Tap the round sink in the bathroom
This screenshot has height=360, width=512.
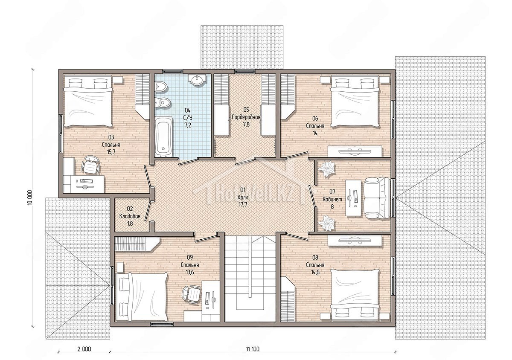pos(197,80)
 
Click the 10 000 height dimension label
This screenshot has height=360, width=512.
pos(30,198)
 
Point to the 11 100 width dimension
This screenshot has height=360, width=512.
pos(253,349)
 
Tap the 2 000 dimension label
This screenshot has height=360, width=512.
pos(84,349)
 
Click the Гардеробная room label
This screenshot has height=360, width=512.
pos(246,117)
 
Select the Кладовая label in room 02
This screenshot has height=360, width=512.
pos(130,216)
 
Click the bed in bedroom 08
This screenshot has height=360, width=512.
pos(355,295)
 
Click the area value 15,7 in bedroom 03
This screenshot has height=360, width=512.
pos(111,152)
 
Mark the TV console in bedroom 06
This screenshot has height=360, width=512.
pos(355,151)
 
